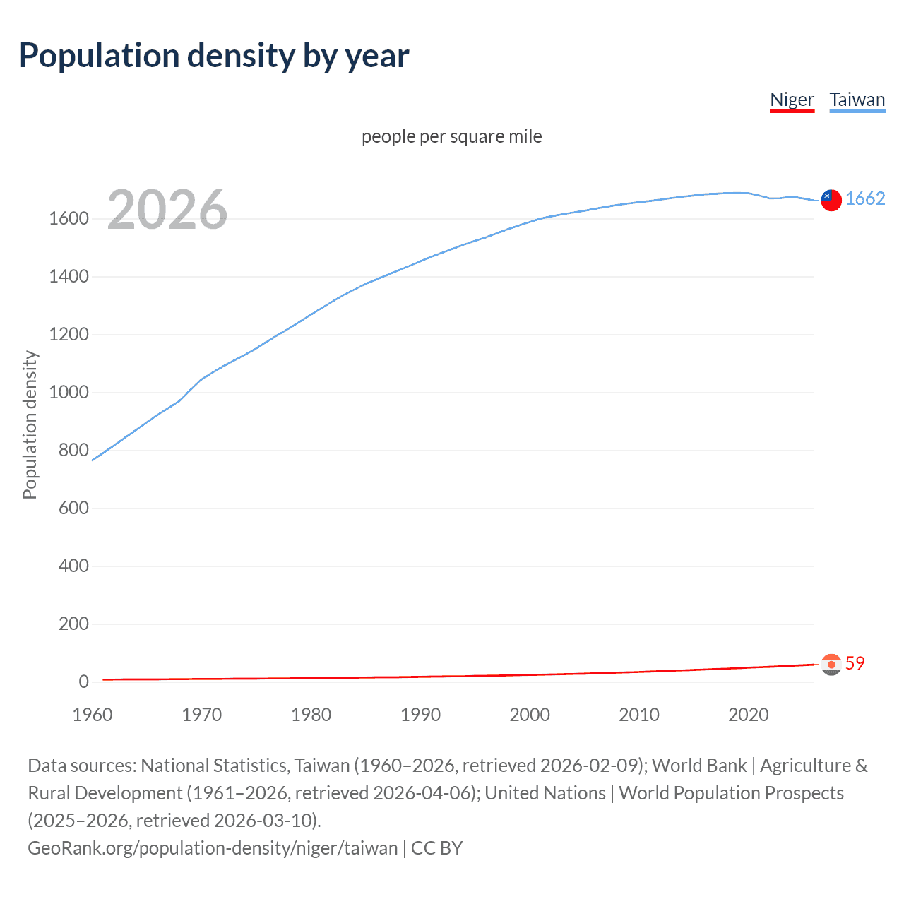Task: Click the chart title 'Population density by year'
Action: point(214,56)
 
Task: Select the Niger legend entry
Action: point(792,100)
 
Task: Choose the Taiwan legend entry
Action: point(857,100)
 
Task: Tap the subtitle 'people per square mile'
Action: point(451,136)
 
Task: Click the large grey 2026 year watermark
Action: point(167,210)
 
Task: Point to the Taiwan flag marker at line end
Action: point(831,200)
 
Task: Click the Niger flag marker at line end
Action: point(831,664)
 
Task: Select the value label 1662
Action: point(865,198)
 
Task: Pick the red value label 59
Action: point(855,663)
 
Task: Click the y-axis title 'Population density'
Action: point(30,425)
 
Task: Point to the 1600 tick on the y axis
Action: point(69,219)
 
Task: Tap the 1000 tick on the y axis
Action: point(69,393)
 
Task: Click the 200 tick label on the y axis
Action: point(73,624)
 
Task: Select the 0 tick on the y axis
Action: point(83,682)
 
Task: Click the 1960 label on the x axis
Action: point(93,715)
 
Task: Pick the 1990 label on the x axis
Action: point(420,715)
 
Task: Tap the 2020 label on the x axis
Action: point(748,715)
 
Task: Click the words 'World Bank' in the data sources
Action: point(698,766)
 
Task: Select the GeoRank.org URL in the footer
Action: point(213,848)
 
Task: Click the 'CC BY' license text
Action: point(436,848)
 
